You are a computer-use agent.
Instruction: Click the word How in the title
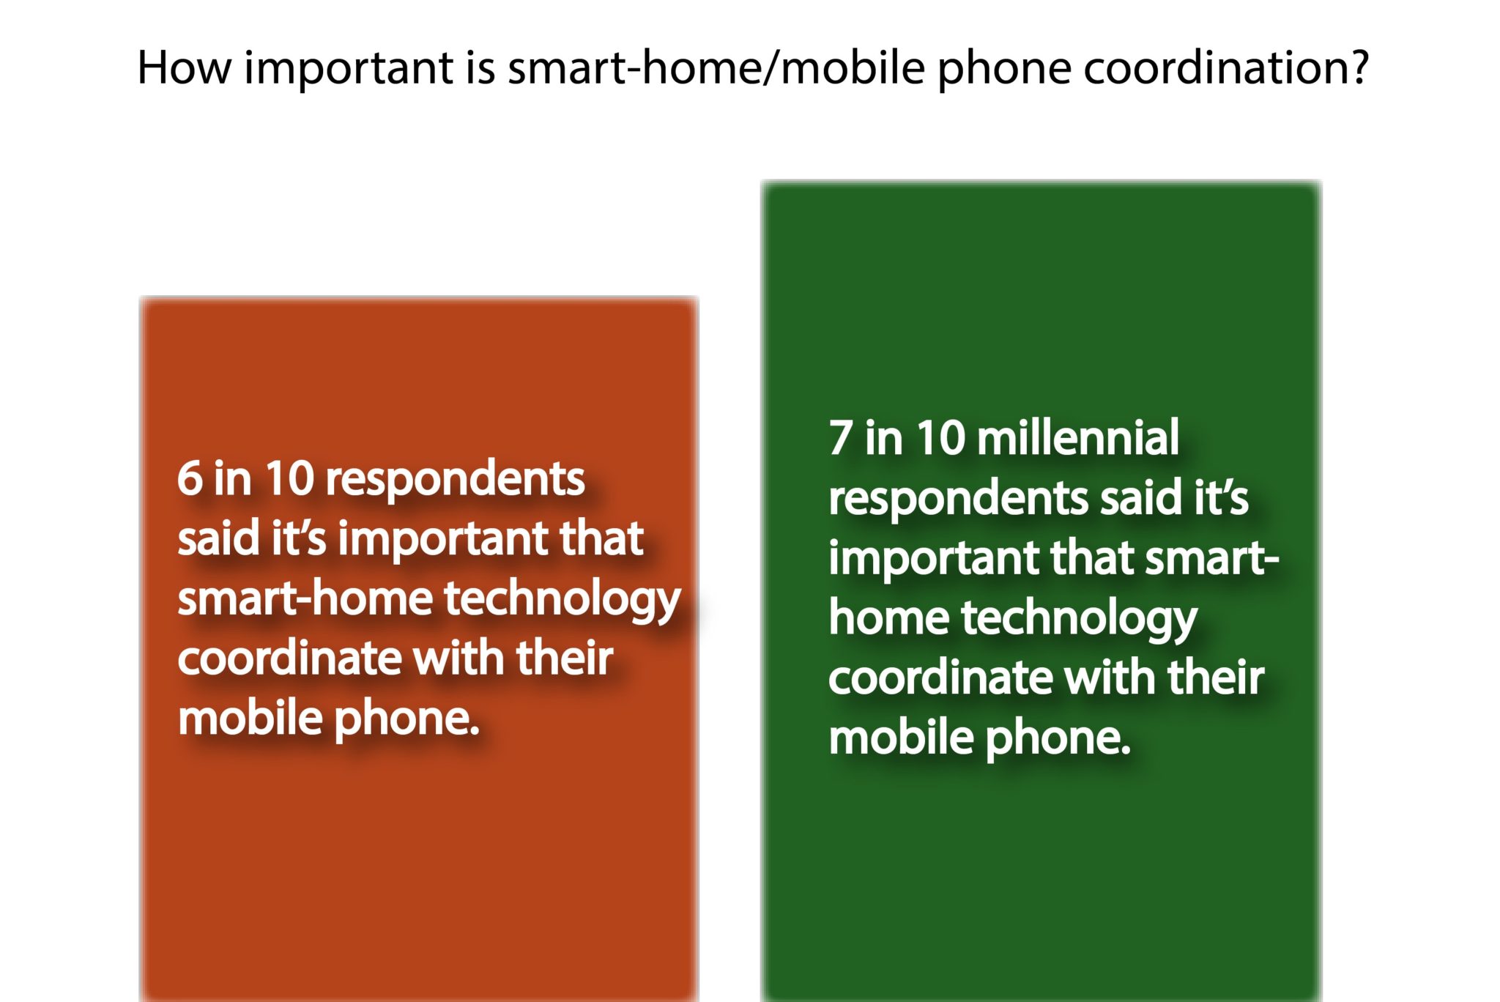pos(185,68)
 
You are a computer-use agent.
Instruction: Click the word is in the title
pos(480,68)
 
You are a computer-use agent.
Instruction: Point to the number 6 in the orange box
pos(190,479)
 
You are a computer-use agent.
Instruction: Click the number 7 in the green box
pos(841,439)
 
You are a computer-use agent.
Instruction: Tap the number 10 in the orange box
pos(289,479)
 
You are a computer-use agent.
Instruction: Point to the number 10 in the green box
pos(940,439)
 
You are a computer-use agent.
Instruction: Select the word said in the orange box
pos(218,538)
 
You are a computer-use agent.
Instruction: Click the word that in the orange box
pos(601,538)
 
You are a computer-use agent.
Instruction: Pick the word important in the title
pos(349,70)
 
